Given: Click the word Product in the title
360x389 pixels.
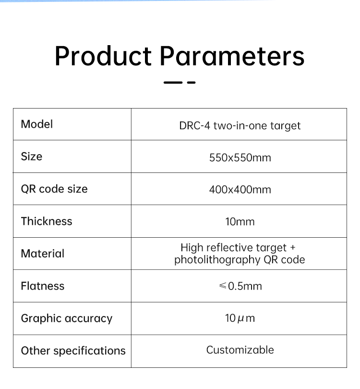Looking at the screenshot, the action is coord(103,56).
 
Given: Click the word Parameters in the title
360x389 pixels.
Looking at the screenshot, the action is coord(232,56).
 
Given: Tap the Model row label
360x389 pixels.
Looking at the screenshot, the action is coord(36,124).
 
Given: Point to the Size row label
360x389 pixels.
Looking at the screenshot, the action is coord(32,157).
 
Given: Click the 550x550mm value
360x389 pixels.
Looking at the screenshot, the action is coord(240,158).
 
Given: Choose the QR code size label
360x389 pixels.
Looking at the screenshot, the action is coord(54,189).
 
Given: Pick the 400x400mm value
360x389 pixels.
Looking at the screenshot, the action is coord(240,190).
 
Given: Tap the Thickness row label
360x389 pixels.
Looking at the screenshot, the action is coord(47,221).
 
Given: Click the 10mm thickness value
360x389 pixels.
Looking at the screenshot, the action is coord(240,222).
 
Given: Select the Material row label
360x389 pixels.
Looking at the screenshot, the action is coord(43,254).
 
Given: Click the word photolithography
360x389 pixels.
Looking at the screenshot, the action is coord(217,260).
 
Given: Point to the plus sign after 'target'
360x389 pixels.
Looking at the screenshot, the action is coord(293,248).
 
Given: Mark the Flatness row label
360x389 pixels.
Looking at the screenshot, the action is coord(43,286).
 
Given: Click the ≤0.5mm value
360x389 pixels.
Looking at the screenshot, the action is coord(240,286).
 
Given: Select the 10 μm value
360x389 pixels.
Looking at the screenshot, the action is coord(240,318).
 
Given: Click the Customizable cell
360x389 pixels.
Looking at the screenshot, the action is coord(240,350).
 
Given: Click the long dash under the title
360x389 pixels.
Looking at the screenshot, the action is coord(173,83).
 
